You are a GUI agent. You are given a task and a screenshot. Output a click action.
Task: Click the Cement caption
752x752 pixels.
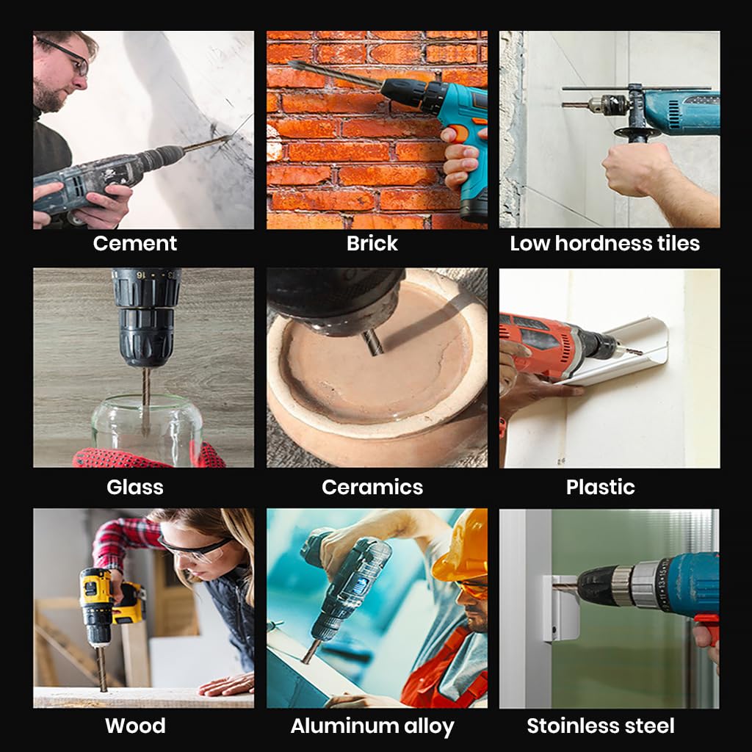click(135, 243)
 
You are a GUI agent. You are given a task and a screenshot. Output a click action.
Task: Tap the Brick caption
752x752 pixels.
click(372, 243)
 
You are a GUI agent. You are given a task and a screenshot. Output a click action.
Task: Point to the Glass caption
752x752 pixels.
click(135, 487)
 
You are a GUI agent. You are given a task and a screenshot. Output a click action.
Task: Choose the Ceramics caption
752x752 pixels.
click(372, 487)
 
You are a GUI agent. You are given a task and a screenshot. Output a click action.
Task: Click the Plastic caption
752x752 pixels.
click(600, 487)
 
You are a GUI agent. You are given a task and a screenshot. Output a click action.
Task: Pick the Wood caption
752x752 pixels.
click(135, 725)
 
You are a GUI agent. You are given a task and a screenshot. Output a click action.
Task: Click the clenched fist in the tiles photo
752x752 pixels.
click(632, 170)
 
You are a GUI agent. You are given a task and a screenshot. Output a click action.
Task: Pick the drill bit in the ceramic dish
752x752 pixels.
click(373, 342)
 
